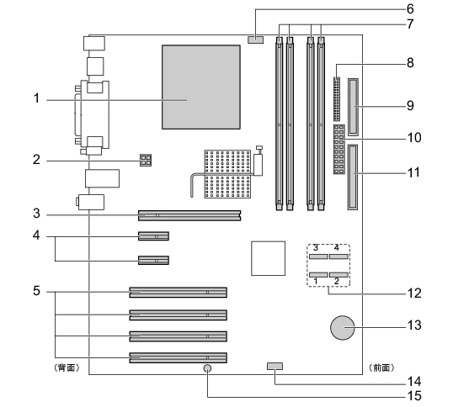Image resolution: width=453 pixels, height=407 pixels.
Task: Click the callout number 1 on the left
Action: coord(36,98)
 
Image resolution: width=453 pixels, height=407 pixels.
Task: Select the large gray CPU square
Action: coord(201,87)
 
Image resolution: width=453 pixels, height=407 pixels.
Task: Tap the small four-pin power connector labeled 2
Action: coord(146,160)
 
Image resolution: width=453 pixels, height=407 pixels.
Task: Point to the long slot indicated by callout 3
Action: coord(189,215)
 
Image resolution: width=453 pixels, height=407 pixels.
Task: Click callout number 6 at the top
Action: coord(410,9)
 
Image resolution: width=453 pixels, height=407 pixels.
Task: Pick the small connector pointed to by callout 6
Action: coord(255,40)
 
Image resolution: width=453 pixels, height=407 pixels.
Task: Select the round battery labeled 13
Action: coord(343,328)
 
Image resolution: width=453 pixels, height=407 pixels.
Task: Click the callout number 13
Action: coord(414,325)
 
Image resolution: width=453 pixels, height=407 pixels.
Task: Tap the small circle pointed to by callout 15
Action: coord(207,368)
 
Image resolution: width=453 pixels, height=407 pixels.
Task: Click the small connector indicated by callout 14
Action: coord(274,367)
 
